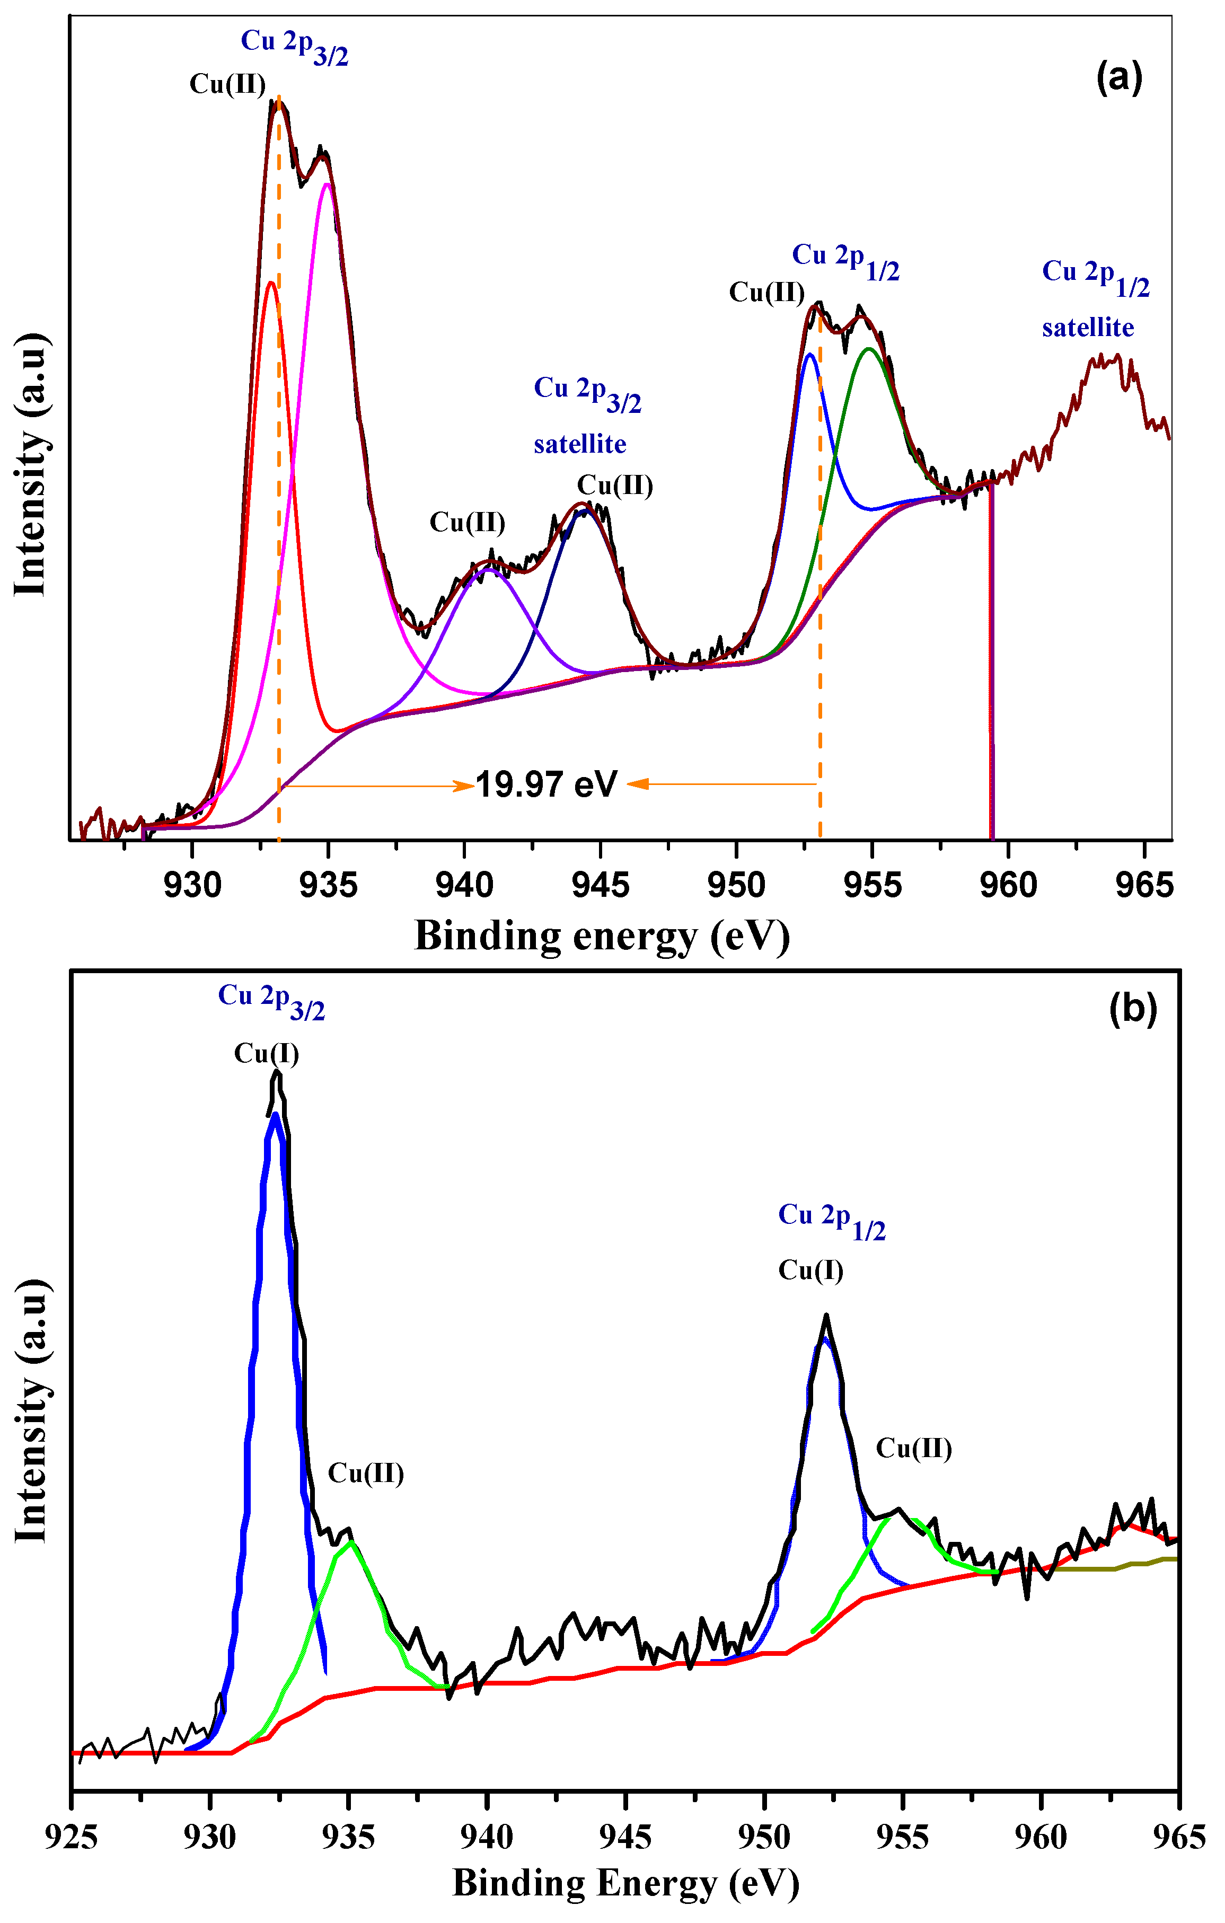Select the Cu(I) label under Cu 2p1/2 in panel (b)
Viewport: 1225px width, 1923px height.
click(x=810, y=1270)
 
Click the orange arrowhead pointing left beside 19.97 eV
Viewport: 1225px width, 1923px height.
click(x=637, y=784)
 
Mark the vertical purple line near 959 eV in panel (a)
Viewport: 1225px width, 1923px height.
click(x=992, y=663)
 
